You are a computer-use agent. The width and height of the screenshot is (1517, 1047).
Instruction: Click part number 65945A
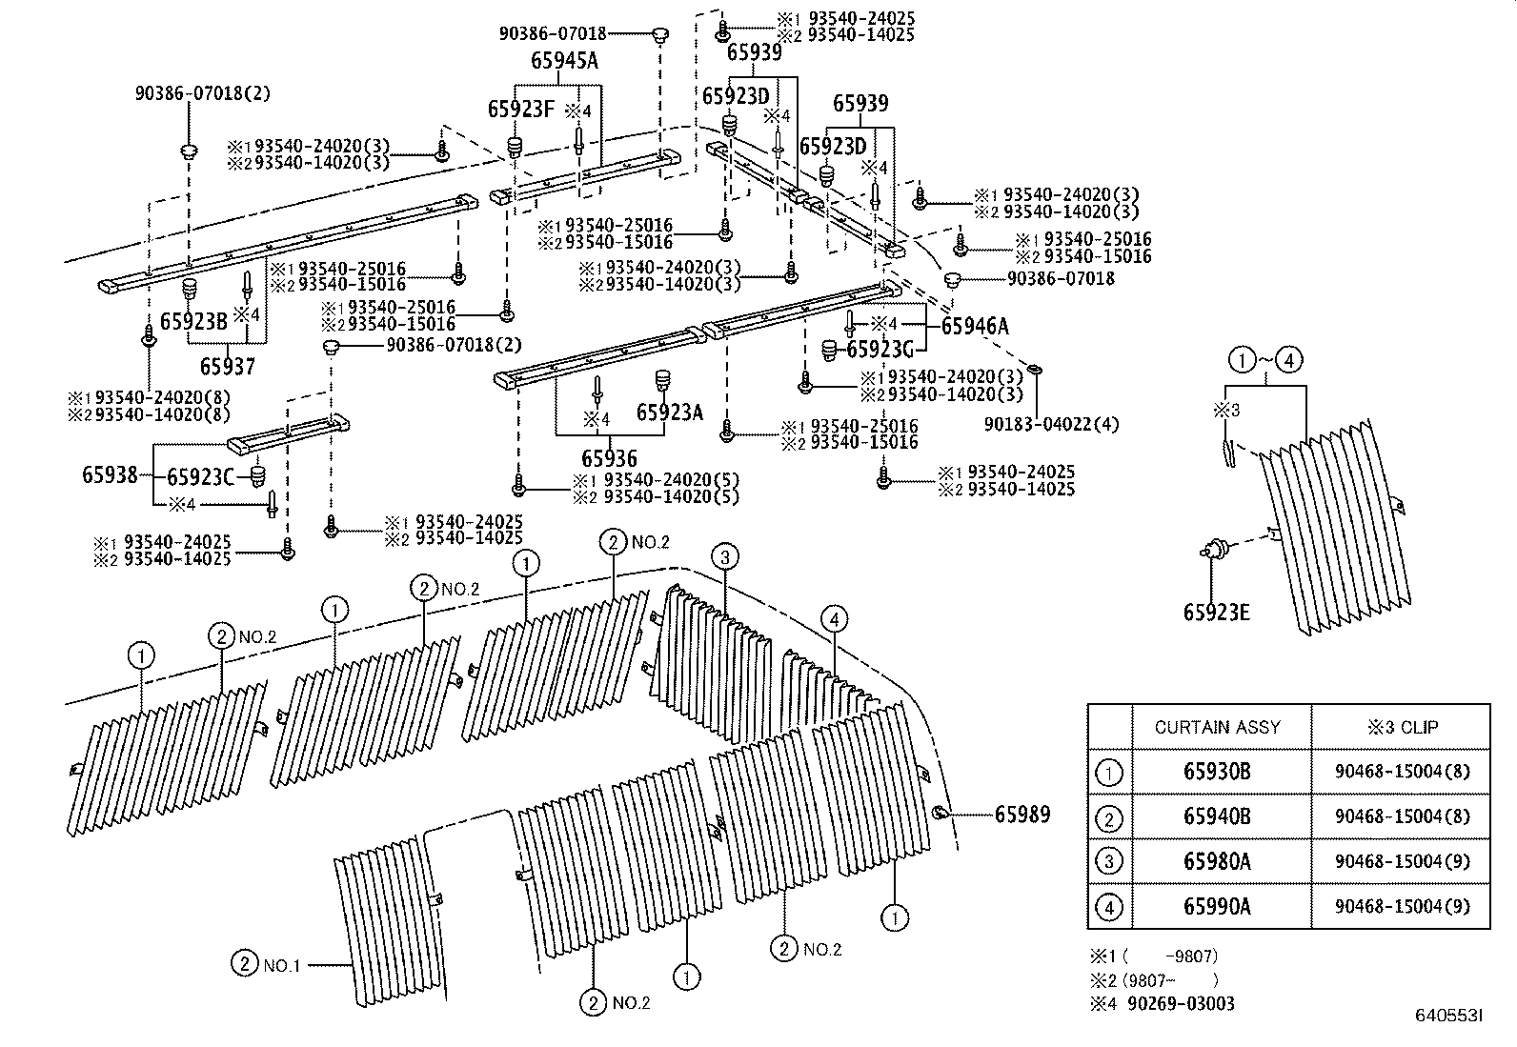click(x=564, y=62)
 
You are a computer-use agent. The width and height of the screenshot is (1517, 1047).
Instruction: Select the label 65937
click(x=228, y=366)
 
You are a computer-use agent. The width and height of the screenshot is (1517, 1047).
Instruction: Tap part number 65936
click(x=609, y=459)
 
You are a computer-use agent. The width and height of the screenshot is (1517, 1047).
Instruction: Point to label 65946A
click(x=974, y=327)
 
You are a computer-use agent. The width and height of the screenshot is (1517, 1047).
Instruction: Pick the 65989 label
click(x=1022, y=815)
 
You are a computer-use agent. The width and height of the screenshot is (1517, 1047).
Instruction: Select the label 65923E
click(x=1216, y=613)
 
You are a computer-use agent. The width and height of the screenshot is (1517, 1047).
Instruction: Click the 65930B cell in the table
click(x=1217, y=772)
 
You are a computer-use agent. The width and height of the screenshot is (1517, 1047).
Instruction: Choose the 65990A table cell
click(x=1217, y=906)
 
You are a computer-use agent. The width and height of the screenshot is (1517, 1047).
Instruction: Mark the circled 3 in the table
click(x=1109, y=862)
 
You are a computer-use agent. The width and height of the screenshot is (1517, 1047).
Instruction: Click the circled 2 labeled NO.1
click(x=244, y=964)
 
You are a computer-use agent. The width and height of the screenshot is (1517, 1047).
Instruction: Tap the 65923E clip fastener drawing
click(x=1214, y=550)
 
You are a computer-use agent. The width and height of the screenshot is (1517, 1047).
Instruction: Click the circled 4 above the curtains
click(x=833, y=620)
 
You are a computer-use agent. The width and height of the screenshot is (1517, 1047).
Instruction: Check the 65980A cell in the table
click(x=1217, y=861)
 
